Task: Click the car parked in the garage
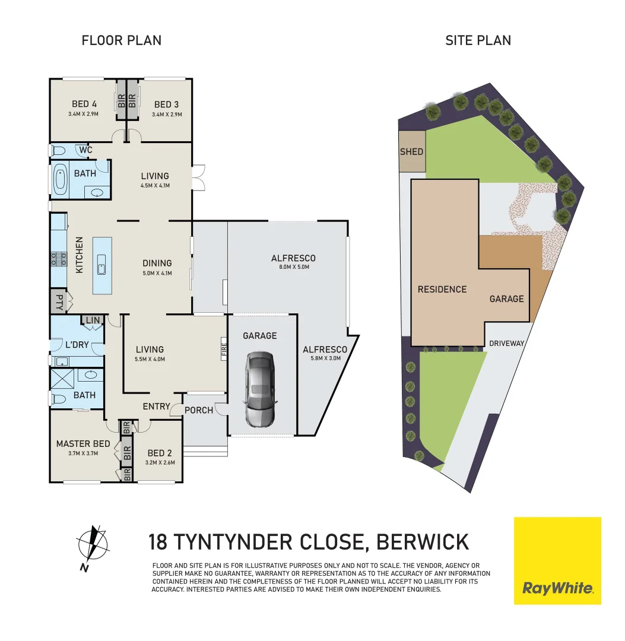[260, 389]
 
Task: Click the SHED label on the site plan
[411, 151]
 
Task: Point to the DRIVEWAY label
[507, 343]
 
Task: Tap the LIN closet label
[93, 320]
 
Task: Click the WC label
[86, 150]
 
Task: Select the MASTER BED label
[83, 443]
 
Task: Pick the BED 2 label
[160, 453]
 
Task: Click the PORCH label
[199, 410]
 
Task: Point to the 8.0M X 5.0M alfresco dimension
[293, 267]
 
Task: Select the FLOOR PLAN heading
[121, 40]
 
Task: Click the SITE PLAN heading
[478, 40]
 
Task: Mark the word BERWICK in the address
[423, 542]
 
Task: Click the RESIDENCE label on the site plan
[442, 290]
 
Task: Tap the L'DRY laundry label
[77, 344]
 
